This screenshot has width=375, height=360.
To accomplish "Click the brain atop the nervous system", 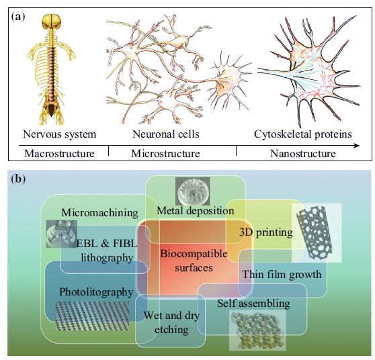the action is click(x=52, y=21).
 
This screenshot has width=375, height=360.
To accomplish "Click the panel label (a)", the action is click(x=18, y=17).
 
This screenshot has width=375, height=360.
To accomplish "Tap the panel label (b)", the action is click(x=18, y=179).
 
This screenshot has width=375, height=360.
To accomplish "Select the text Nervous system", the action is click(x=60, y=134).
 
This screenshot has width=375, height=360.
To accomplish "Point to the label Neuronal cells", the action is click(x=166, y=134).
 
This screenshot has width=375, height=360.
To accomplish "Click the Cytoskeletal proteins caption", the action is click(x=303, y=134).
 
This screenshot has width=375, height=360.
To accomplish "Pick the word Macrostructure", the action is click(x=59, y=153).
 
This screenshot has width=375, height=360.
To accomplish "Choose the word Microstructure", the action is click(x=165, y=153).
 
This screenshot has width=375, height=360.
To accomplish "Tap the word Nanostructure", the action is click(x=303, y=153).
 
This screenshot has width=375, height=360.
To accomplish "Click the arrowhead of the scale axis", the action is click(x=357, y=146).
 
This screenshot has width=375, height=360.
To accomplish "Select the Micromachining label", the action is click(x=99, y=213).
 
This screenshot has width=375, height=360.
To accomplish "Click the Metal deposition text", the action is click(x=196, y=211).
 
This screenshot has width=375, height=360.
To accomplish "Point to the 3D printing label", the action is click(x=265, y=232).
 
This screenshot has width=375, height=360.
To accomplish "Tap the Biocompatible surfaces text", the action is click(x=194, y=261).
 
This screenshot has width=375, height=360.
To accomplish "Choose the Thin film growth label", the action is click(x=282, y=274).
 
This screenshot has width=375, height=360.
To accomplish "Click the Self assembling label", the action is click(x=253, y=304).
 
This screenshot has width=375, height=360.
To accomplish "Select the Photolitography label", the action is click(x=96, y=292).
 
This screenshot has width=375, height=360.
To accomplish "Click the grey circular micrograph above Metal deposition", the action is click(x=192, y=191).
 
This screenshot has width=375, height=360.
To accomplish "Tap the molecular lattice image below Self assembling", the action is click(x=257, y=330).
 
